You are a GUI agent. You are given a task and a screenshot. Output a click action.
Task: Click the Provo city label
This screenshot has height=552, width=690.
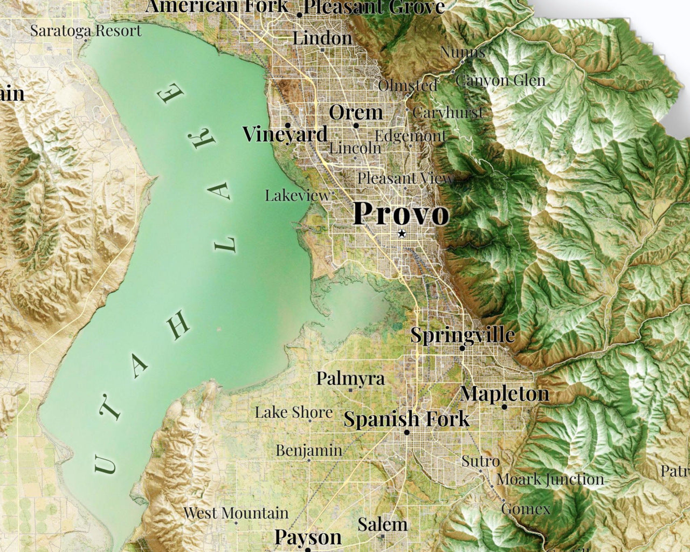pos(401,213)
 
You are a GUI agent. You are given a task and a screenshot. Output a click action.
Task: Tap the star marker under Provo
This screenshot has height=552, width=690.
pos(401,233)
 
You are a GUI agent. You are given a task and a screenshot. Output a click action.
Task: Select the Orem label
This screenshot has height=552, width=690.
pos(356,113)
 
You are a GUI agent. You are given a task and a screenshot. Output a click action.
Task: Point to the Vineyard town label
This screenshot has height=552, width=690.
pos(285,134)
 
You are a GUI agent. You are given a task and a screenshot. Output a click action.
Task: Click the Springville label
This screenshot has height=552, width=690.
pos(463,335)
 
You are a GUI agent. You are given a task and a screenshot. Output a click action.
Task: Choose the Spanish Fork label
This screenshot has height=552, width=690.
pos(406,419)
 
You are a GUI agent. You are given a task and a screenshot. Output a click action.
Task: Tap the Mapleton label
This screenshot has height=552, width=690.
pos(505,394)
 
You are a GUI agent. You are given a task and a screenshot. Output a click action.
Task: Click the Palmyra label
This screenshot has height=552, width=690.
pos(350,378)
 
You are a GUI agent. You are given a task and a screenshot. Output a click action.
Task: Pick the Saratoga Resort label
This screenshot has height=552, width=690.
pos(86,31)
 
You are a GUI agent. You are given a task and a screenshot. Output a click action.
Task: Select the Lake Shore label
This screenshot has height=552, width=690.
pos(294,413)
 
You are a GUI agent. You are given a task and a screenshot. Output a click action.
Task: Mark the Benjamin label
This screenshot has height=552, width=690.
pos(309,450)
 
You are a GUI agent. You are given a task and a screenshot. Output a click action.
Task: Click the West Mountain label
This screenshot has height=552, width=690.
pos(236,513)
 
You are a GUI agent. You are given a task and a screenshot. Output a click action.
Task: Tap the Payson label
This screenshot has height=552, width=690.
pos(308,537)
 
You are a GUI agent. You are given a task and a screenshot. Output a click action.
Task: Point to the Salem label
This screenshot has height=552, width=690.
pos(382,525)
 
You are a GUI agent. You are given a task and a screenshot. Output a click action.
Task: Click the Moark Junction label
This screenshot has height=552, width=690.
pos(550,479)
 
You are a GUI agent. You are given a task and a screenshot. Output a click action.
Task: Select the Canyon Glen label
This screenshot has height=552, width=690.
pos(500,81)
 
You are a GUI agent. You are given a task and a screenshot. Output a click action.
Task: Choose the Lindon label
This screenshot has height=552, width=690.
pos(322,38)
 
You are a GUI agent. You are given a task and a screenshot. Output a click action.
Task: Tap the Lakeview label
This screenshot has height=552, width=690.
pos(297,196)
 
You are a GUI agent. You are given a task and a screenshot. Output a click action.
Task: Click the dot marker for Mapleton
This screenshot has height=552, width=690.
pos(505,406)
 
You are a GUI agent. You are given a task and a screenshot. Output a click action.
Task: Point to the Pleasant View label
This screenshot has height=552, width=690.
pos(405,178)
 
